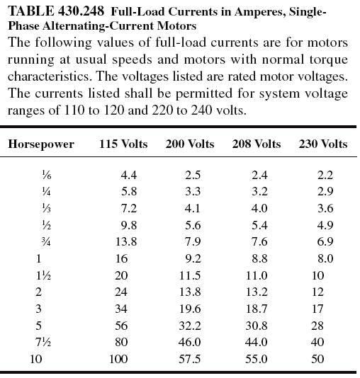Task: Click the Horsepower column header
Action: click(40, 144)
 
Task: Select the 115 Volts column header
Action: click(123, 144)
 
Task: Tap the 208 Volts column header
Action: click(257, 144)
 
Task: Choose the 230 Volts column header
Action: click(323, 144)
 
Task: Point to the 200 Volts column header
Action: click(189, 144)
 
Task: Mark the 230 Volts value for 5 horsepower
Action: click(316, 325)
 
